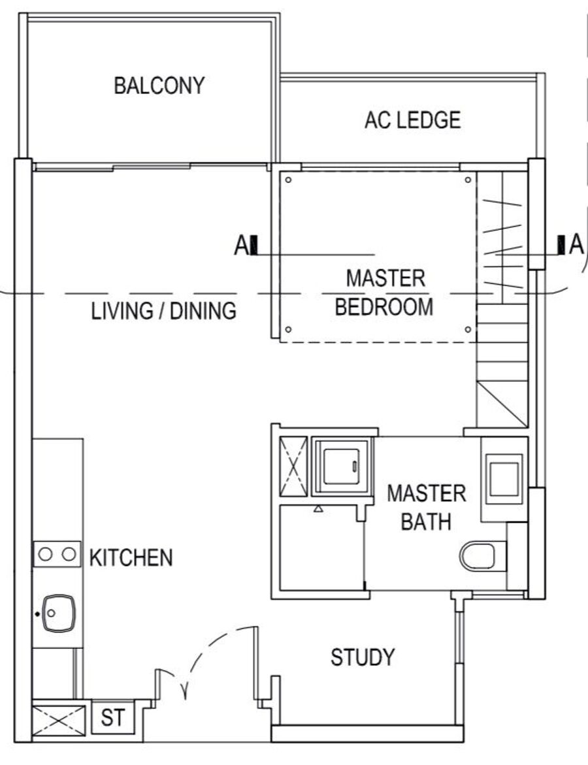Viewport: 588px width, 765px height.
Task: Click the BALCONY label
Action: click(x=159, y=86)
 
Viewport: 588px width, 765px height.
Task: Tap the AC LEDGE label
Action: click(x=413, y=120)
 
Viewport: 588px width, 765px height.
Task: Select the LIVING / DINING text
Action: click(x=164, y=311)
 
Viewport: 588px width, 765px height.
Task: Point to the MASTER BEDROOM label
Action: click(x=385, y=293)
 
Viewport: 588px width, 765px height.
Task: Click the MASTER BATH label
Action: click(x=427, y=508)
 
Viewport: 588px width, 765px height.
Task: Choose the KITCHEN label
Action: click(x=131, y=558)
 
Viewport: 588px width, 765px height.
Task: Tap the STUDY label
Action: click(x=363, y=657)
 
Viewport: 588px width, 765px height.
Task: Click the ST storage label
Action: click(x=113, y=718)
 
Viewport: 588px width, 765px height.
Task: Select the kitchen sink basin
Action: click(x=59, y=613)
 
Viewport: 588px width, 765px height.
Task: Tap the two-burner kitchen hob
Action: click(x=57, y=554)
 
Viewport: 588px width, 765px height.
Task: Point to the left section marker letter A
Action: click(x=240, y=246)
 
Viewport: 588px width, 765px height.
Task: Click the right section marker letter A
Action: click(x=576, y=244)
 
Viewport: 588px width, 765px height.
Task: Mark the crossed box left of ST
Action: click(x=59, y=720)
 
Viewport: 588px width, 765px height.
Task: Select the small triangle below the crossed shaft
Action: click(x=318, y=509)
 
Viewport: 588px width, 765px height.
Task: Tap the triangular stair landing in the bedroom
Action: click(x=502, y=404)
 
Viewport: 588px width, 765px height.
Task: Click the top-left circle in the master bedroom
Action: click(x=288, y=180)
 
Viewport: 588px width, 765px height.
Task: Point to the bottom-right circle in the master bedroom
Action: click(x=468, y=330)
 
